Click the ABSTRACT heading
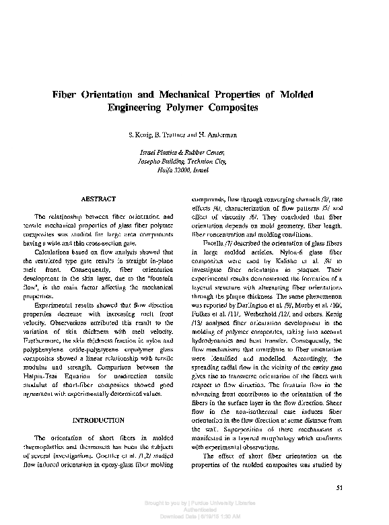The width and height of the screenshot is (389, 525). (98, 199)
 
